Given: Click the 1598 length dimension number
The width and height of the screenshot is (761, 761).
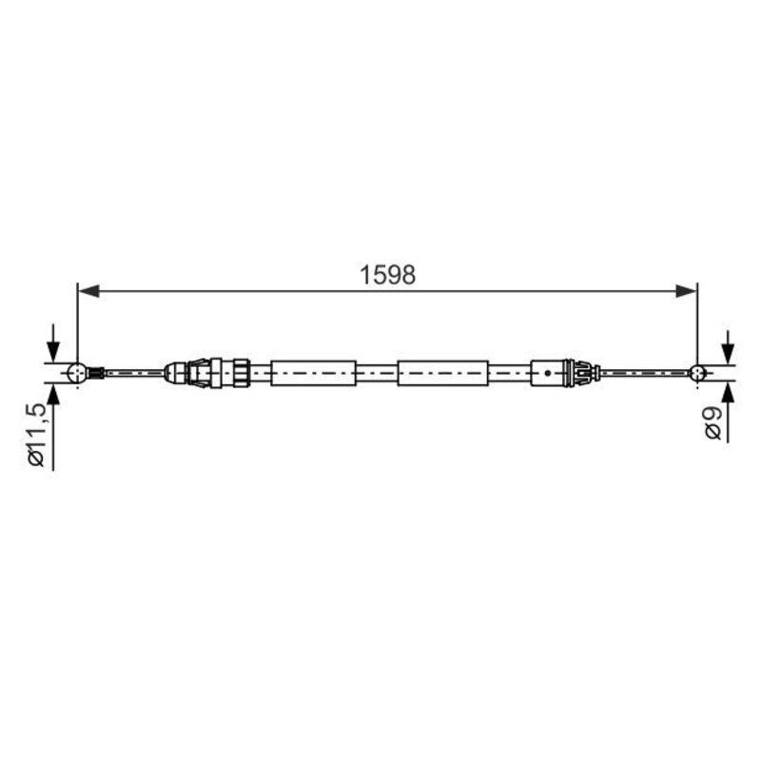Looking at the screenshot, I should [388, 275].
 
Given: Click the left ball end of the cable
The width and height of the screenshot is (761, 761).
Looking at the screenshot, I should [78, 372].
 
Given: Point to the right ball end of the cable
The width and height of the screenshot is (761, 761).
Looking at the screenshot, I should [698, 373].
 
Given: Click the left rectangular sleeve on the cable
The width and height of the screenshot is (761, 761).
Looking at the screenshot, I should [313, 372].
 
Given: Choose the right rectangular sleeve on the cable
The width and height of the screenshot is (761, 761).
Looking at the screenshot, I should [442, 372].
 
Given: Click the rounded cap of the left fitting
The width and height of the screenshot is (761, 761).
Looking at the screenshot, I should [174, 372].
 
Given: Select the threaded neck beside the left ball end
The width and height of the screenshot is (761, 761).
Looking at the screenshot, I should [96, 372].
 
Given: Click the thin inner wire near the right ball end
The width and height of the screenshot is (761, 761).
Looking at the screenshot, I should [647, 373].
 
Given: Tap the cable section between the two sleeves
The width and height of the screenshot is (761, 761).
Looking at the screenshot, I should [378, 372].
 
